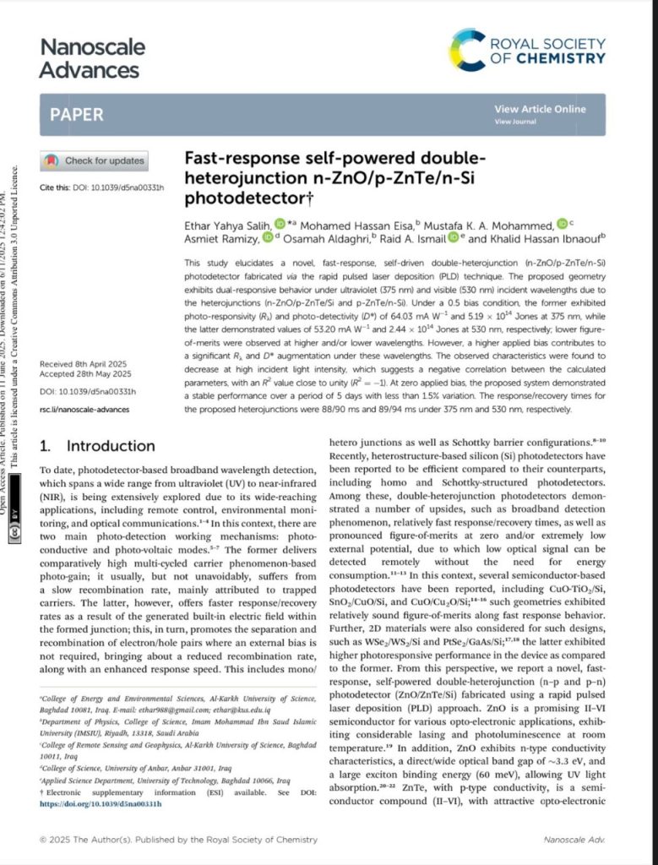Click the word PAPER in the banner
[x=77, y=114]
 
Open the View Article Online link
[x=539, y=109]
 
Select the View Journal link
[x=514, y=122]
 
